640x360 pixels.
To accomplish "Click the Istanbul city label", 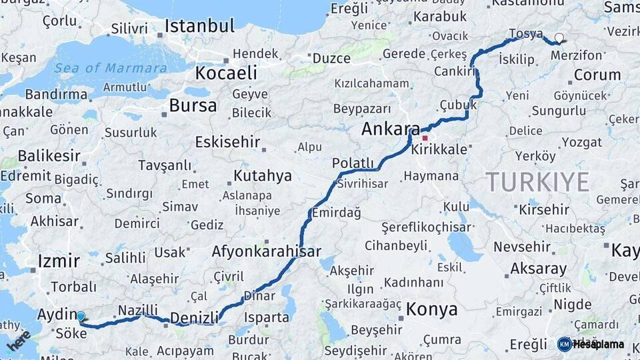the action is point(199,27).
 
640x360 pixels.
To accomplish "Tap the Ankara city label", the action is point(390,129).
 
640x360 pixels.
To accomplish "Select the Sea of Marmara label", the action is point(111,68).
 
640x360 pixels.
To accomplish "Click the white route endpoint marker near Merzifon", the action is point(559,38).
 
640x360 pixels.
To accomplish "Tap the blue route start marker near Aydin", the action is point(81,316).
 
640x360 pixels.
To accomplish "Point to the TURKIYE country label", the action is point(537,181).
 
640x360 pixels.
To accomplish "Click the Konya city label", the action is point(432,309).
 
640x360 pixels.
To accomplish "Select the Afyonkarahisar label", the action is point(266,252).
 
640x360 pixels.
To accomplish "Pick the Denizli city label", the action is point(194,318).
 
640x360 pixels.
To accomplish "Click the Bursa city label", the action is point(193,105).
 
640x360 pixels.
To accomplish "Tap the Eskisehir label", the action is point(227,142).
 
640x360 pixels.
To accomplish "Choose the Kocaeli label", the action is point(226,72).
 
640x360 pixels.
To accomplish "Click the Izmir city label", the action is point(59,261).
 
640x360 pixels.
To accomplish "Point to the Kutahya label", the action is point(263,176).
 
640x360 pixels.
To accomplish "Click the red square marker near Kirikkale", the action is point(425,138).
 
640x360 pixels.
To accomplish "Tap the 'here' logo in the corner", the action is point(19,341).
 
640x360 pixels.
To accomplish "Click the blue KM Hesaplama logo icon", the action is point(564,344).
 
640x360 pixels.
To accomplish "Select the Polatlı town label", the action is point(353,163).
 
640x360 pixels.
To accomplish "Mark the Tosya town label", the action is point(525,33).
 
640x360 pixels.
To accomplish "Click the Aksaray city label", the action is point(538,269).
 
